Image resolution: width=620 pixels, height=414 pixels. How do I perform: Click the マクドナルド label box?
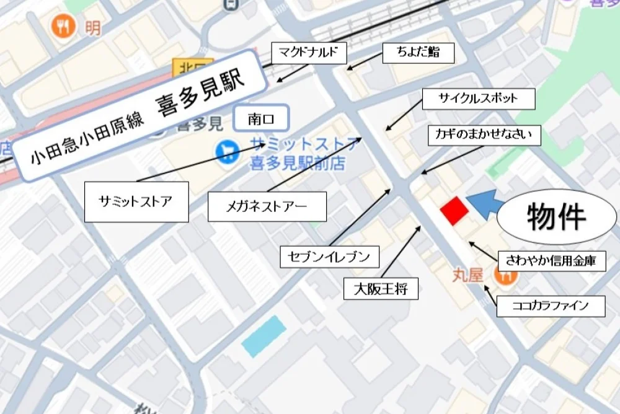pos(308,52)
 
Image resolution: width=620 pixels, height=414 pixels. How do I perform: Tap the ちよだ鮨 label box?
pos(418,52)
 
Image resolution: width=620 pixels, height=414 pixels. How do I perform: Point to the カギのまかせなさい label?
pos(484,134)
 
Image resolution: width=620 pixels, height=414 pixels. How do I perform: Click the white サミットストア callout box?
pos(136,201)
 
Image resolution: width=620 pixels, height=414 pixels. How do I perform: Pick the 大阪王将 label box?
pos(381,288)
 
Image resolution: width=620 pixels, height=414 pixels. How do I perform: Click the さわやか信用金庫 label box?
pos(551,261)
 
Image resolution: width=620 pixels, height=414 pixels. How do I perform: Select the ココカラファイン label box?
pos(551,306)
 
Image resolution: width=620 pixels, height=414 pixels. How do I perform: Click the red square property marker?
pos(454,211)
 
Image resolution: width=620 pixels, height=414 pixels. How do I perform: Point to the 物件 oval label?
pos(556,216)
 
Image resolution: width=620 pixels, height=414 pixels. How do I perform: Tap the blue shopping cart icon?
pos(226,151)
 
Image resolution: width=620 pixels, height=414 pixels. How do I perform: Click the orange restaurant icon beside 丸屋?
pos(505,275)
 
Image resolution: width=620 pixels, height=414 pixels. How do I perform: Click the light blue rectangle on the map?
pos(264,336)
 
